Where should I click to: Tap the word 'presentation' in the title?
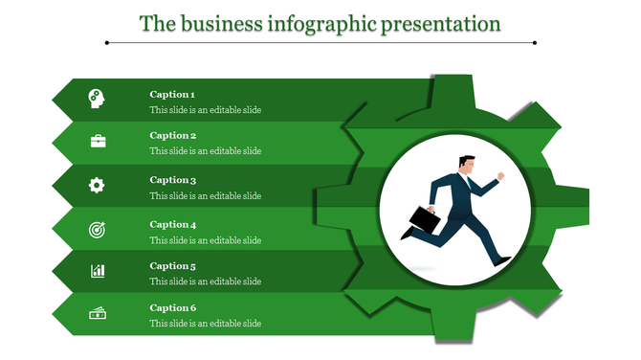(x=441, y=23)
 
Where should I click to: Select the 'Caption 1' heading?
(x=172, y=95)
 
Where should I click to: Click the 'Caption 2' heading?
(x=172, y=136)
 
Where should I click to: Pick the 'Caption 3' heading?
(x=172, y=180)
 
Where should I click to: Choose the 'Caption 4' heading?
(x=172, y=225)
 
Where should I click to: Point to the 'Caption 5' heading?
(x=172, y=266)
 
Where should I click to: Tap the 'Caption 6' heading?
(x=172, y=308)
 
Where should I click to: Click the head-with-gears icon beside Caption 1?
(x=97, y=97)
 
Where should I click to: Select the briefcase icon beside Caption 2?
(x=98, y=141)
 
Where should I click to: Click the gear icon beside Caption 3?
(x=97, y=185)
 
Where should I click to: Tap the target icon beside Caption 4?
(x=98, y=229)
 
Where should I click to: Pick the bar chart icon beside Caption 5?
(x=98, y=271)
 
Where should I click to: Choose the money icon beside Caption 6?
(x=98, y=314)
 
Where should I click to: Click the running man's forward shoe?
(x=502, y=259)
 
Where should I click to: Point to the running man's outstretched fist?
(x=499, y=176)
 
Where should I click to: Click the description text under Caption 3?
(x=205, y=196)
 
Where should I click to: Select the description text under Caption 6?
(x=205, y=324)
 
